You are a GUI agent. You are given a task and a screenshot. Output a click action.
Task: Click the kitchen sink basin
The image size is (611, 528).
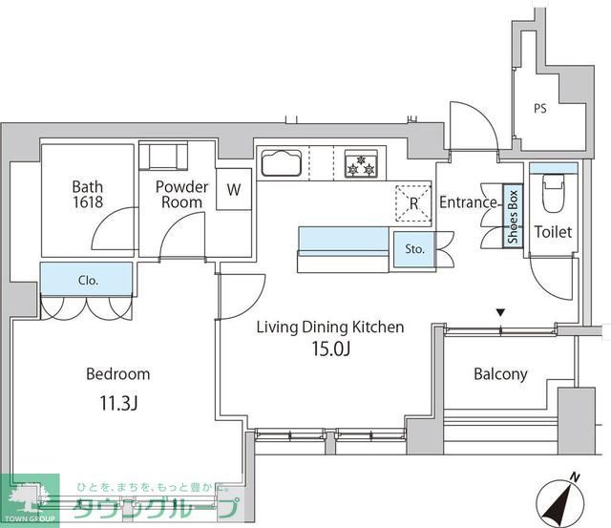(282, 163)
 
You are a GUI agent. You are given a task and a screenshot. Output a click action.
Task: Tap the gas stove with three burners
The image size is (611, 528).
(361, 164)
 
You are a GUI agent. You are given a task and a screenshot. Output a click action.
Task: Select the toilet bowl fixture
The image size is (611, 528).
(553, 193)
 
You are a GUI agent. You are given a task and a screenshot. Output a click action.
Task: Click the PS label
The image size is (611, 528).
(540, 108)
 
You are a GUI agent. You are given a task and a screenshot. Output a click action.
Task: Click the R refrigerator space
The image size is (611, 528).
(413, 203)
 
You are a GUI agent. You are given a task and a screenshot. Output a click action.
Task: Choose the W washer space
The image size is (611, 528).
(234, 189)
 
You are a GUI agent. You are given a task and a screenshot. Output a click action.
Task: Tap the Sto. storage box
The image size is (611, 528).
(414, 249)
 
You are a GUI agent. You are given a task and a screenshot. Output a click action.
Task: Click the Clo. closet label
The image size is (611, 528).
(88, 280)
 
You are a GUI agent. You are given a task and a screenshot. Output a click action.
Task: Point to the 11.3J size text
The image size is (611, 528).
(118, 403)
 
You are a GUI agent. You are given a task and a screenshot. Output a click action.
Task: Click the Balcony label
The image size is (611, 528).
(500, 374)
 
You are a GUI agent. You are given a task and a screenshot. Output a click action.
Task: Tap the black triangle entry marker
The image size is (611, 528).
(500, 312)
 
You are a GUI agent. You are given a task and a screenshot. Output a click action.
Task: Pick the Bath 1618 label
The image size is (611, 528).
(88, 195)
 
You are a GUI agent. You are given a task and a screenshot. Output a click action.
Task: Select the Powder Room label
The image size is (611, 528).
(182, 195)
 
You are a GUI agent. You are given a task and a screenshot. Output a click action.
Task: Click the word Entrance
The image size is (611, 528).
(468, 202)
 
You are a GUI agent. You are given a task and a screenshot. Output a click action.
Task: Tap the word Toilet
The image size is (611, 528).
(553, 232)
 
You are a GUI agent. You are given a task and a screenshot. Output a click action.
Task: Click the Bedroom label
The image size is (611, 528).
(118, 374)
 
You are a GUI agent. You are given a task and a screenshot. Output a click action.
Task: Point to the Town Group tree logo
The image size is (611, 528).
(30, 498)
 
